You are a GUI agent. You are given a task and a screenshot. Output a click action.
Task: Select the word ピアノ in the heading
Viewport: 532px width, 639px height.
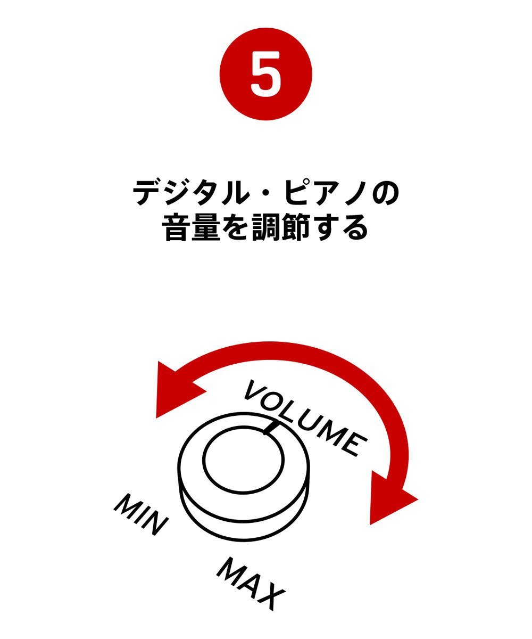tap(330, 193)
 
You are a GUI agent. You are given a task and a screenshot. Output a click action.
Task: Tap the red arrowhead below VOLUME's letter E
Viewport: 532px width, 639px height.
tap(391, 498)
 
